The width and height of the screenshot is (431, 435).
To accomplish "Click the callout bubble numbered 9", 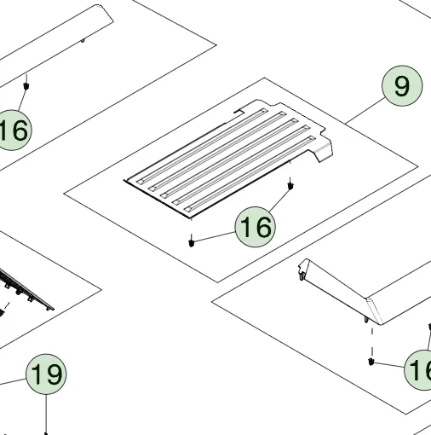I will (x=401, y=86).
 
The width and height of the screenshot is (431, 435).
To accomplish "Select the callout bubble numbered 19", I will (x=46, y=374).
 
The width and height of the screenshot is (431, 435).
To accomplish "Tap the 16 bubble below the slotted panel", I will (x=255, y=227).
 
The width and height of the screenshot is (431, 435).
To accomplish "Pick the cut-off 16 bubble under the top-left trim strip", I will (x=12, y=130).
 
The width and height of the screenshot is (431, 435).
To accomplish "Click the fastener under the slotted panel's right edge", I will (x=292, y=183).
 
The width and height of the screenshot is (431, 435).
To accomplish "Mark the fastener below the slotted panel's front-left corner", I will (x=193, y=241).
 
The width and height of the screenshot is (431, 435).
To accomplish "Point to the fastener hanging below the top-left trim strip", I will (x=27, y=85).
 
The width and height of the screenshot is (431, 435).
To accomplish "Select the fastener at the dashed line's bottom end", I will (x=372, y=362).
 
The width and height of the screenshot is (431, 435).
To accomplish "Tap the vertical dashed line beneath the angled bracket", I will (x=372, y=341).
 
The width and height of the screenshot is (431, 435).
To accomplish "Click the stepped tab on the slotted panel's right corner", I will (x=324, y=149).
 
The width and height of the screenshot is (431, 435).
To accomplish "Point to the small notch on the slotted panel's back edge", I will (x=238, y=110).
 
